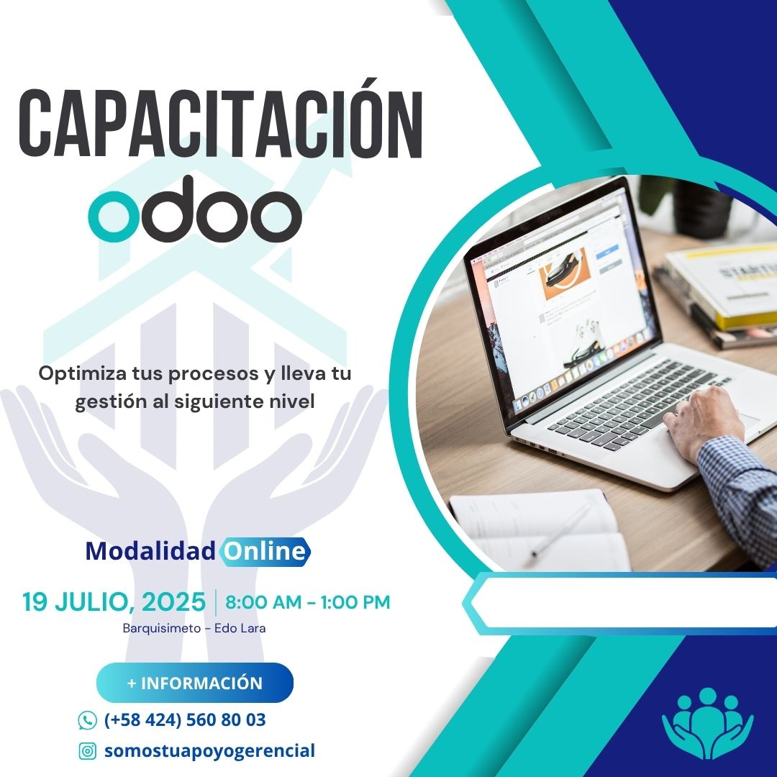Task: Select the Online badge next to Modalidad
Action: (265, 552)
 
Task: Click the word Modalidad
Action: (150, 552)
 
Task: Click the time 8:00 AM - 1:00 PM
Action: (308, 602)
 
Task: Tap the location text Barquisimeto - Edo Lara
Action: (194, 628)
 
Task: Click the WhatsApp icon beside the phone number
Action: (87, 720)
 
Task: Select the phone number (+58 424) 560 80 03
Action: (185, 720)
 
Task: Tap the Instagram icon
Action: (87, 751)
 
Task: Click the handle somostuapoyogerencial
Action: (209, 751)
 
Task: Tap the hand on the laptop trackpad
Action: (701, 421)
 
